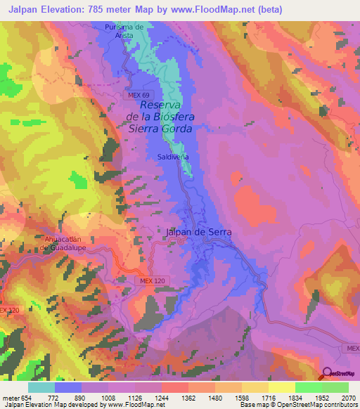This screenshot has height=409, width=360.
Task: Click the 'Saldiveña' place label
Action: tap(173, 157)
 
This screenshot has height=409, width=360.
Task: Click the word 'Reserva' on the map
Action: tap(162, 104)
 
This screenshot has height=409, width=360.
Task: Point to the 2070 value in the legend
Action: tap(348, 398)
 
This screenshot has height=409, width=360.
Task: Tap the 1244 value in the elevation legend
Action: tap(161, 398)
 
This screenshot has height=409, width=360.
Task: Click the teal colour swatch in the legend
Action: tap(41, 387)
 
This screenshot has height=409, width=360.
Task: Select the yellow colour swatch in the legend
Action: tap(282, 387)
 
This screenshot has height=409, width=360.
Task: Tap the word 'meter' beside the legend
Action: tap(10, 398)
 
